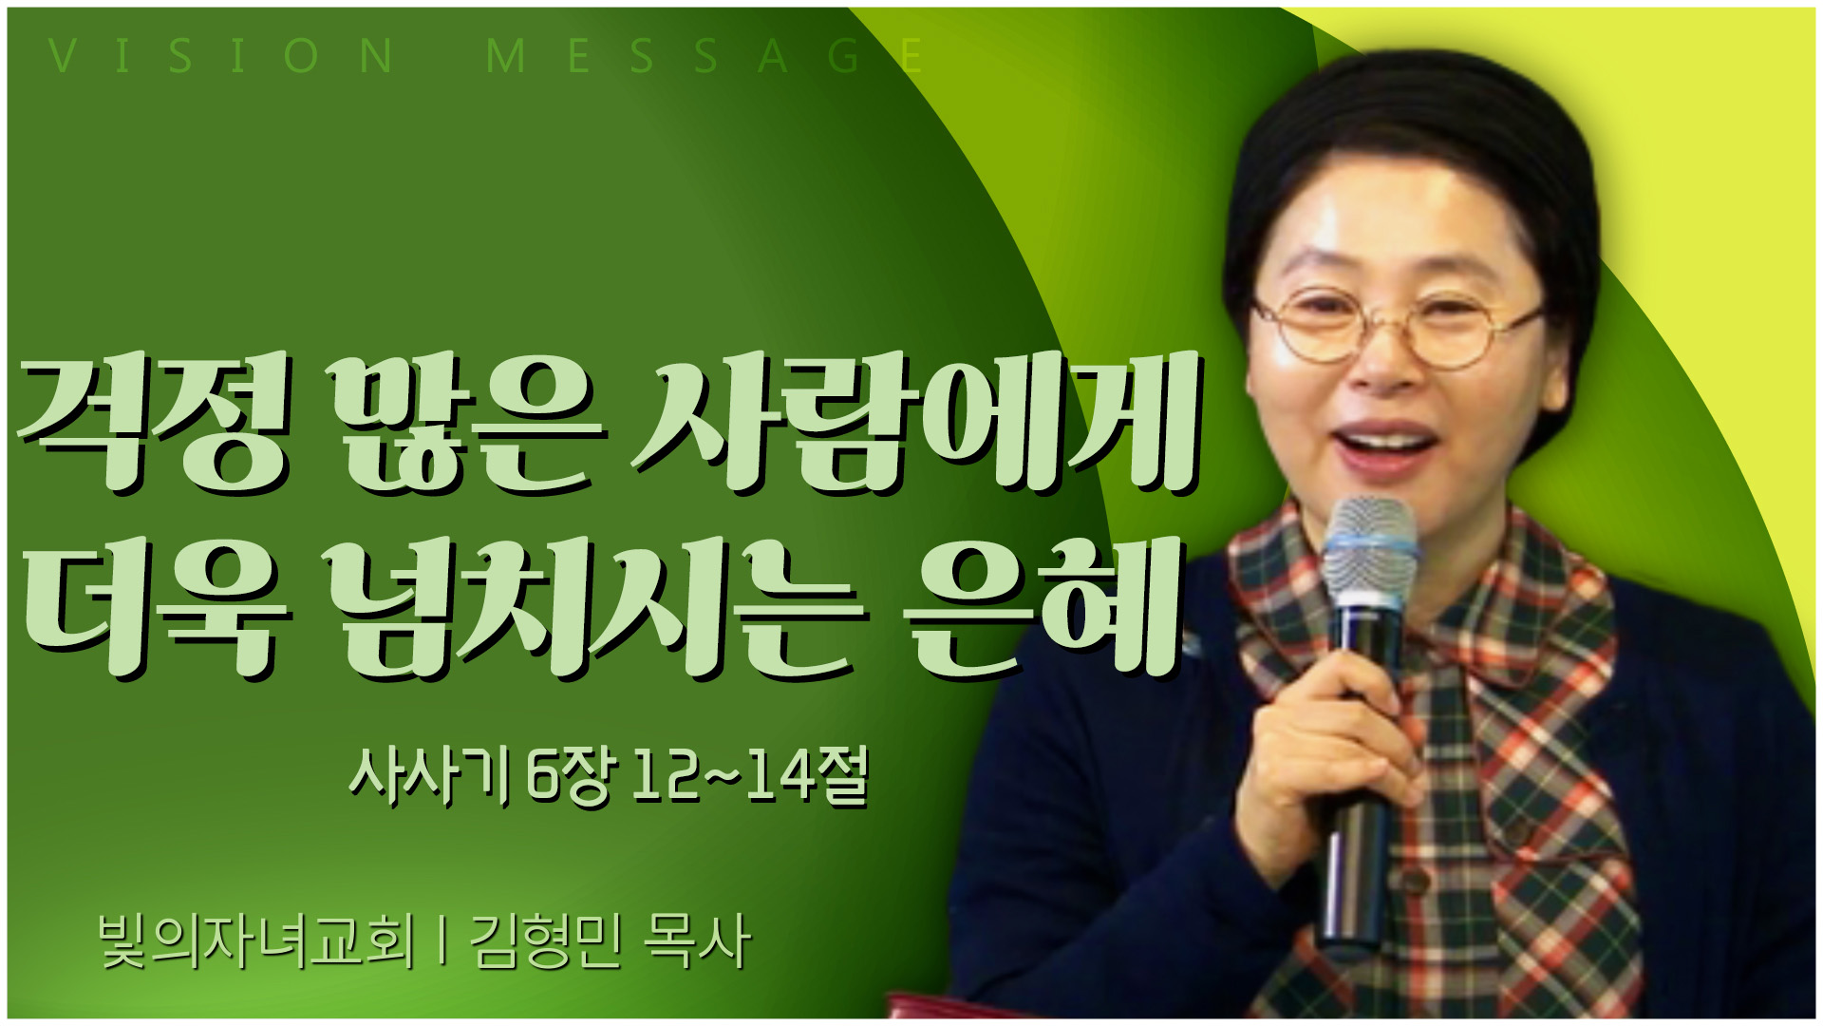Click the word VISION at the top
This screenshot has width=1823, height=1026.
220,56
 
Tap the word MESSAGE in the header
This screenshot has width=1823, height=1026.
705,56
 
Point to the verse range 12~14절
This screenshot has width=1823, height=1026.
751,776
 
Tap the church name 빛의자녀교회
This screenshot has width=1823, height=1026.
256,940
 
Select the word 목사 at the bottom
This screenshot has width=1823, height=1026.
698,940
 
